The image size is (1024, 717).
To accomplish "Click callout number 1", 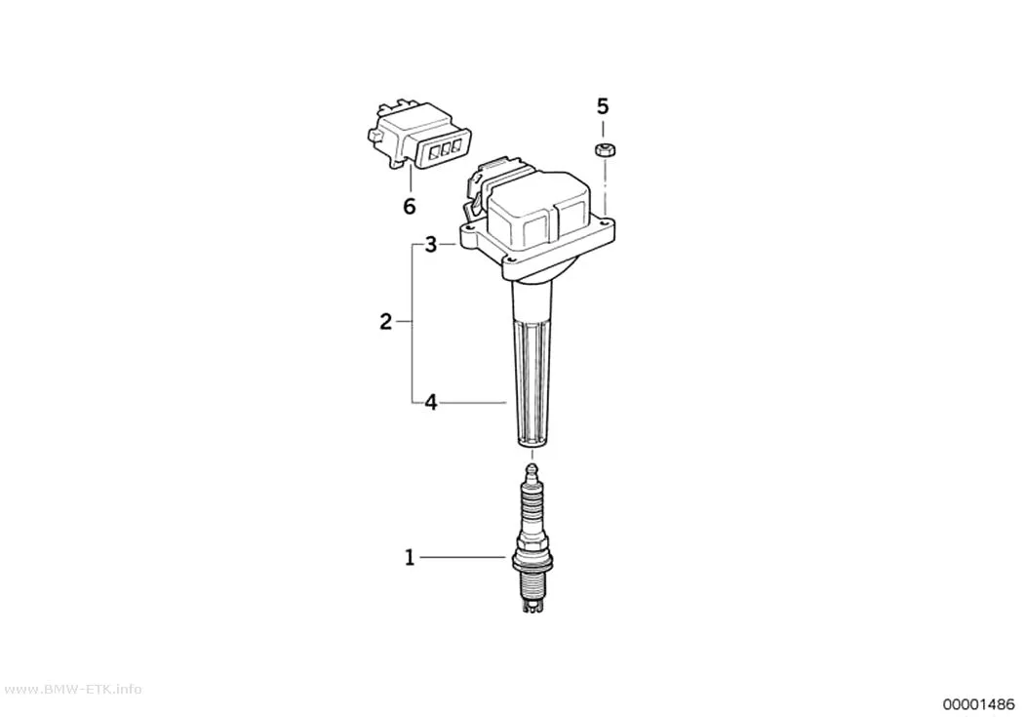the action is coord(410,558).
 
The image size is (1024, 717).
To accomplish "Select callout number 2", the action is coord(386,321).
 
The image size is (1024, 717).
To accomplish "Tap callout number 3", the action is coord(430,245).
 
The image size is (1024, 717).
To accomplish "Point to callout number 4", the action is coord(430,402).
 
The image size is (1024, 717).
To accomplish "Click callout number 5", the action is coord(602,105).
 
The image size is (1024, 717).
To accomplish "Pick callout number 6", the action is coord(409,207).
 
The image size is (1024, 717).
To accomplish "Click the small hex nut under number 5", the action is coord(604,149).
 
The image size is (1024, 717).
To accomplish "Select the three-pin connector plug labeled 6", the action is coord(418,135).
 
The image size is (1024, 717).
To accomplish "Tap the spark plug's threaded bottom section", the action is coord(532,583).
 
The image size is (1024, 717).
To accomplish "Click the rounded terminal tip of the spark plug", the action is coord(532,469).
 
